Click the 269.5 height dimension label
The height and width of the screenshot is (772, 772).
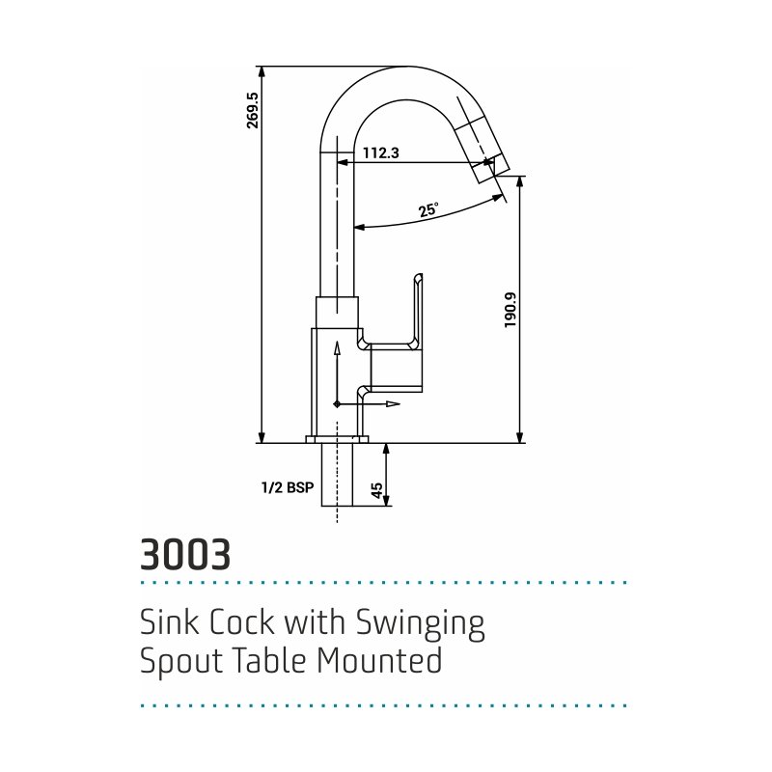(x=253, y=110)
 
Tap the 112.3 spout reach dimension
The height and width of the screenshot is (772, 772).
(x=380, y=153)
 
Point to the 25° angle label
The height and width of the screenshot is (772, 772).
(x=428, y=209)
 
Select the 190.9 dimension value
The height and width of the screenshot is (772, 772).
(x=510, y=310)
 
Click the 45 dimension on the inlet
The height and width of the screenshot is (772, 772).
(x=376, y=490)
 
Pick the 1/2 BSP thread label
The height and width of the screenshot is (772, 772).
(x=288, y=487)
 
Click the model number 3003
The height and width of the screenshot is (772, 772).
(x=185, y=554)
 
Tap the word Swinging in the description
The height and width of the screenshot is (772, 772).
(x=420, y=624)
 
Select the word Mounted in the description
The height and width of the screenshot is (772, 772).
(x=379, y=660)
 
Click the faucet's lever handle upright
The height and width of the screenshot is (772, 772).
(x=418, y=310)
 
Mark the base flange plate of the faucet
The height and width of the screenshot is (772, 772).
(x=337, y=439)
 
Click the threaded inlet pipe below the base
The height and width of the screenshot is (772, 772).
(x=337, y=475)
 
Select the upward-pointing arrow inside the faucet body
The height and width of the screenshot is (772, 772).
(x=337, y=372)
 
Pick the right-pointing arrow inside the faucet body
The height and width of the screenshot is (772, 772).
(x=369, y=404)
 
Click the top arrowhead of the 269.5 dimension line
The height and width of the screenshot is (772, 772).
(x=262, y=71)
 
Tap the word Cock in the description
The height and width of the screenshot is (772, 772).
(x=242, y=622)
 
